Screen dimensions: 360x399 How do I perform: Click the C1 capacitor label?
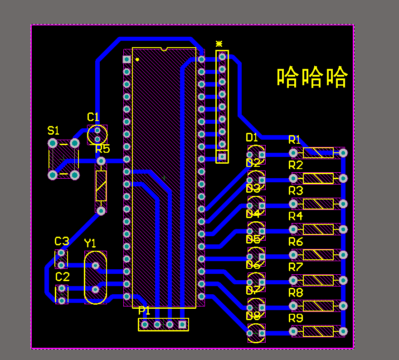[93, 117]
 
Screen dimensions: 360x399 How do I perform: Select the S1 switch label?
[54, 131]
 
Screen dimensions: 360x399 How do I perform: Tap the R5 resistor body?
[101, 186]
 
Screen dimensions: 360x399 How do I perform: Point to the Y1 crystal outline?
[96, 277]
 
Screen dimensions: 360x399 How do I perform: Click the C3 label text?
[62, 241]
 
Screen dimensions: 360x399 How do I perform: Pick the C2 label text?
[63, 277]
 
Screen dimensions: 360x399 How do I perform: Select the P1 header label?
[144, 311]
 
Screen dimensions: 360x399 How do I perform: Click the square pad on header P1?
[182, 324]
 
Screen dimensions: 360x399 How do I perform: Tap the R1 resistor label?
[295, 139]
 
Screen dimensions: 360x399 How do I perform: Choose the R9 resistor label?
[295, 318]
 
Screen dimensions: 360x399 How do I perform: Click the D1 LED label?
[252, 137]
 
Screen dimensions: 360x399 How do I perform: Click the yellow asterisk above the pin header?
[219, 44]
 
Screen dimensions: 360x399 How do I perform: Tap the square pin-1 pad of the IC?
[127, 59]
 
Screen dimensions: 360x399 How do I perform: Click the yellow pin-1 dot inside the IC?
[137, 59]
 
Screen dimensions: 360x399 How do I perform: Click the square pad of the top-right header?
[222, 156]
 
